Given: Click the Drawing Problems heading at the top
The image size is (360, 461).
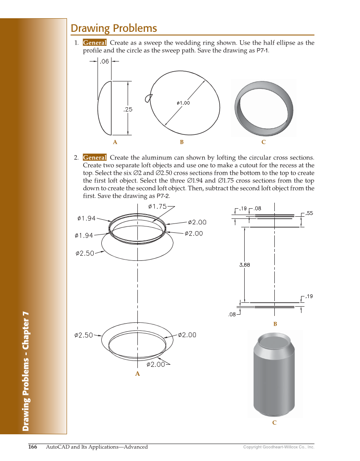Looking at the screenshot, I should pyautogui.click(x=114, y=28).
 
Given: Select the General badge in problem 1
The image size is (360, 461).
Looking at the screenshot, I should pyautogui.click(x=95, y=43).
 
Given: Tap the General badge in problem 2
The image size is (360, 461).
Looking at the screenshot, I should pyautogui.click(x=95, y=158).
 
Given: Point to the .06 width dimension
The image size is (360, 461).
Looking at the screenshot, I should pyautogui.click(x=104, y=61).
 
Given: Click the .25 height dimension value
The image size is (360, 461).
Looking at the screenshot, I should pyautogui.click(x=128, y=109).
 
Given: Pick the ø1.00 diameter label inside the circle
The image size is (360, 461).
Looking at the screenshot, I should pyautogui.click(x=183, y=103).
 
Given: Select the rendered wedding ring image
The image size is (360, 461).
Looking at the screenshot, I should pyautogui.click(x=263, y=108).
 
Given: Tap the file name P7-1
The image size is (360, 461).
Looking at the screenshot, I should pyautogui.click(x=262, y=50).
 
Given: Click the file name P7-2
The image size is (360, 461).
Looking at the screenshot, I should pyautogui.click(x=163, y=196).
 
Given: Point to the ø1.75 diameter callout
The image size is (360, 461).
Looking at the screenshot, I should pyautogui.click(x=157, y=207).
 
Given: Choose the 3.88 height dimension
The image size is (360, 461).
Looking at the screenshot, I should pyautogui.click(x=245, y=265).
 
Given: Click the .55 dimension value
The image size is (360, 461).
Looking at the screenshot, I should pyautogui.click(x=310, y=213).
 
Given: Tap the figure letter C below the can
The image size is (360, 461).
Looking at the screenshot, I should pyautogui.click(x=274, y=423).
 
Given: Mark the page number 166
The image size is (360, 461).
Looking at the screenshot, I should pyautogui.click(x=33, y=447).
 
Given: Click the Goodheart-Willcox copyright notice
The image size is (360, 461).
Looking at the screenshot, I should pyautogui.click(x=279, y=447).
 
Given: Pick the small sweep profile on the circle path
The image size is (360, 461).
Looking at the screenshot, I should pyautogui.click(x=148, y=98).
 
